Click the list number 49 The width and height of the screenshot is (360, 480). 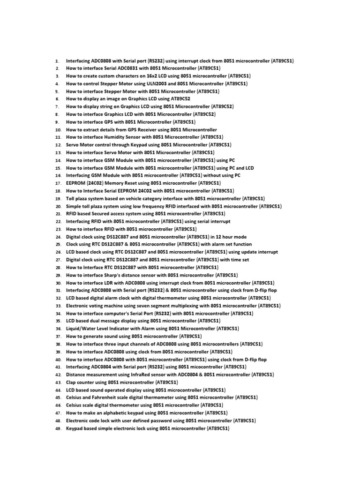click(x=58, y=428)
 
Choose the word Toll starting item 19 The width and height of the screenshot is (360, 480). click(x=70, y=198)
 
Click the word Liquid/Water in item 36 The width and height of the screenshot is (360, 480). click(x=81, y=329)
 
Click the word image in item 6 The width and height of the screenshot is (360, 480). click(x=116, y=99)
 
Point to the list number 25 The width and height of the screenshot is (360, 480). click(x=58, y=245)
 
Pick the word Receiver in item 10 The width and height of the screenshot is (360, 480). click(x=146, y=129)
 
